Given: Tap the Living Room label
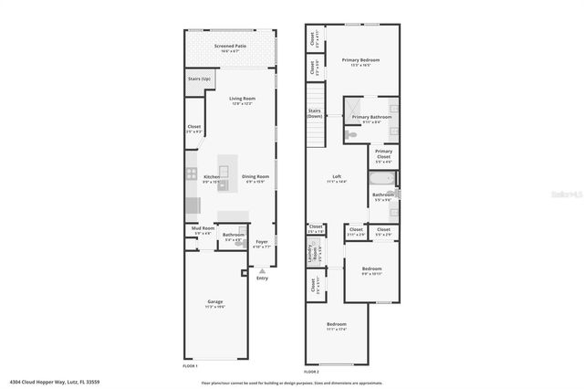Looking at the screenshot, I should (x=242, y=99).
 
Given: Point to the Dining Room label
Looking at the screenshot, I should (x=255, y=176).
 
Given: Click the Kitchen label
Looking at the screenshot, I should (x=211, y=176).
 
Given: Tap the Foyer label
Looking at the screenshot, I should (x=261, y=241).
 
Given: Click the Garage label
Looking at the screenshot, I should (x=215, y=301).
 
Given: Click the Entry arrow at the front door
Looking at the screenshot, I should (x=262, y=272).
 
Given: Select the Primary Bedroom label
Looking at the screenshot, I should (x=360, y=60).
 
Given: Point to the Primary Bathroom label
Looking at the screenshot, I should (x=372, y=117).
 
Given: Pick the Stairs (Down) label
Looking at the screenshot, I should (x=314, y=114).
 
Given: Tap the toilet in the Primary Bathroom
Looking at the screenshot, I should (x=352, y=135).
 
